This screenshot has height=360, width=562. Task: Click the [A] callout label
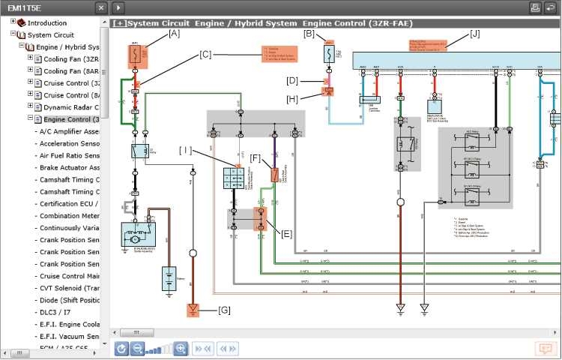174,34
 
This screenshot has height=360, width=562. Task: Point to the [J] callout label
474,34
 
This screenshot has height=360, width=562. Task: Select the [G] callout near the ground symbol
224,310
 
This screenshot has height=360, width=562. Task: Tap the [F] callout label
256,158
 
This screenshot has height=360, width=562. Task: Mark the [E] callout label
287,233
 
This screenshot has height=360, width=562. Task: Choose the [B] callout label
309,34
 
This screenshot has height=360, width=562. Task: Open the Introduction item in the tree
46,22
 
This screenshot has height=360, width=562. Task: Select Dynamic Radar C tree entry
71,107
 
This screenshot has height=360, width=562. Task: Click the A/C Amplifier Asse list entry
67,131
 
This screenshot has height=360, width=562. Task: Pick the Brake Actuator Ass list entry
67,167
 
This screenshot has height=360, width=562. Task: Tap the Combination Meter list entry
67,215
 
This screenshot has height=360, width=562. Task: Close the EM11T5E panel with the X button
101,7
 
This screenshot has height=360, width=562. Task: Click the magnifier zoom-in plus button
181,349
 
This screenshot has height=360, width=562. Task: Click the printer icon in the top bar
536,7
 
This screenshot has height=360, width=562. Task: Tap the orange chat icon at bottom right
544,349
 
